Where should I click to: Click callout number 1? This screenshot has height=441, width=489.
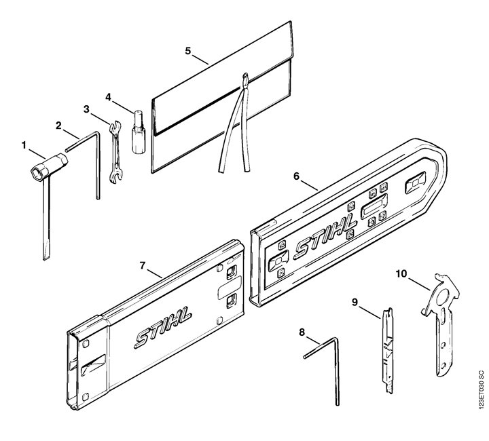pyautogui.click(x=24, y=145)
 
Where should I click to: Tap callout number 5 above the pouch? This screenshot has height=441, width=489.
pyautogui.click(x=187, y=51)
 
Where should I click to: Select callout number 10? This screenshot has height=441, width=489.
pyautogui.click(x=401, y=273)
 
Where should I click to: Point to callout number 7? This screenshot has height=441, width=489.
pyautogui.click(x=143, y=266)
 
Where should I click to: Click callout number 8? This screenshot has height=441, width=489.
pyautogui.click(x=302, y=332)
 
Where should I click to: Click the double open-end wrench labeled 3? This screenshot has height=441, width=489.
pyautogui.click(x=115, y=152)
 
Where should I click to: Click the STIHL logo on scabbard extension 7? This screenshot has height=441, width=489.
pyautogui.click(x=164, y=327)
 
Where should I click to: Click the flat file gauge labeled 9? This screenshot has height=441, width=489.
pyautogui.click(x=388, y=351)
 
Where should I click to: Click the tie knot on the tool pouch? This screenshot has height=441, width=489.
pyautogui.click(x=245, y=81)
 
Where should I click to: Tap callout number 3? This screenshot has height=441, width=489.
pyautogui.click(x=86, y=109)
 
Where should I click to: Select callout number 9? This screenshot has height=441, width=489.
pyautogui.click(x=355, y=302)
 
